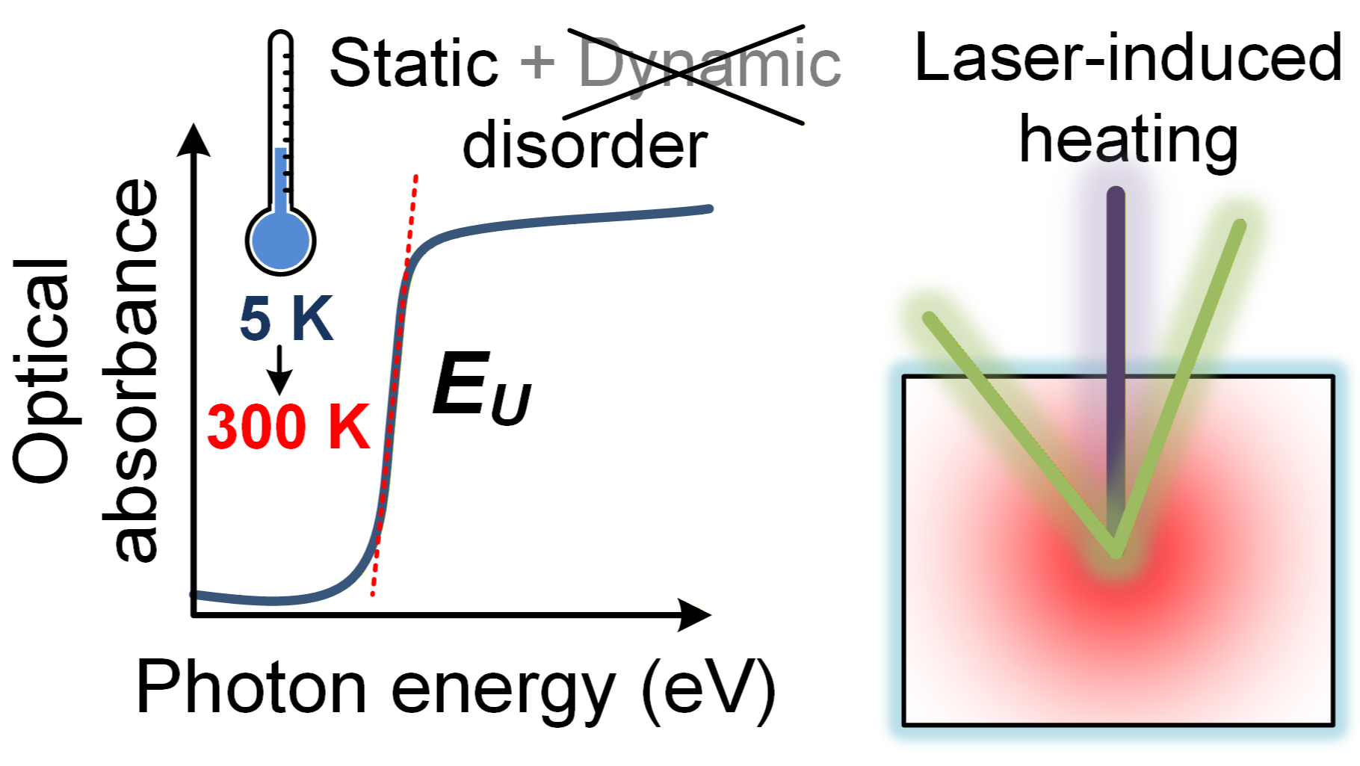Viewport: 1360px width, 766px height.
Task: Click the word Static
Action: click(413, 63)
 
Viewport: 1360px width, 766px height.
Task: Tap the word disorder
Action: click(584, 144)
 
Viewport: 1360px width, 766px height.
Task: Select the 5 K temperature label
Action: click(286, 319)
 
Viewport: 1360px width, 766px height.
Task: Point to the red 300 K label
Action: click(288, 427)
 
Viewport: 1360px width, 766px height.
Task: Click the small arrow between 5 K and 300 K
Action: click(279, 370)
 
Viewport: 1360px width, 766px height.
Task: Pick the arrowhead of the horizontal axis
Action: click(694, 615)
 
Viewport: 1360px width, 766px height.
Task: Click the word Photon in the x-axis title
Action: click(251, 687)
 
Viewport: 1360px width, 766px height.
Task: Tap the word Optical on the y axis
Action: click(42, 371)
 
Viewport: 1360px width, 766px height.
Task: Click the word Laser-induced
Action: click(1128, 58)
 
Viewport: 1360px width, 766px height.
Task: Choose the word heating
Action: click(1128, 140)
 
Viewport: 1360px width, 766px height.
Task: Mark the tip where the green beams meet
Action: click(1115, 552)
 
